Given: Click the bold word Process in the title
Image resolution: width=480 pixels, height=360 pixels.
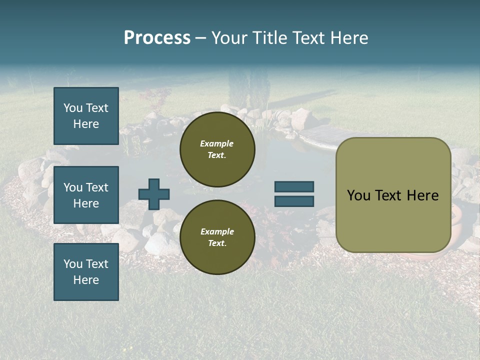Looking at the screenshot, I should [157, 38].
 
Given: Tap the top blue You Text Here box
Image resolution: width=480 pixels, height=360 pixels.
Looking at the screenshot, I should [86, 116].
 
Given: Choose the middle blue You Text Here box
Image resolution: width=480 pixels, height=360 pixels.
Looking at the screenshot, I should [86, 195].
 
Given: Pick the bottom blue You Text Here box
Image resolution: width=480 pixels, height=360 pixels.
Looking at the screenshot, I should [86, 272].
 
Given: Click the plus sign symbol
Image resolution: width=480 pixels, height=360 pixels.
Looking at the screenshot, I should [154, 194].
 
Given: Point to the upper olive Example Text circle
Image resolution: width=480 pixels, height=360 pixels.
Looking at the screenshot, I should [217, 149].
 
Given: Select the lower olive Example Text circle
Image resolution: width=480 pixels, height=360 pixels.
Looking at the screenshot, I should [217, 237].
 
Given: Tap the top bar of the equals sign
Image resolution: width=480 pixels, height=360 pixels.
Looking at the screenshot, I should [294, 187].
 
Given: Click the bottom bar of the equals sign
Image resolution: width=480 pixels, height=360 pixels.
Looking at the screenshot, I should [294, 201].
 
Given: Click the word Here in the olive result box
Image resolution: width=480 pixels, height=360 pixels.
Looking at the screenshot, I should [422, 195].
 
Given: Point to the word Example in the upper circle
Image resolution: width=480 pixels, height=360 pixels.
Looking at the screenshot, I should [217, 143].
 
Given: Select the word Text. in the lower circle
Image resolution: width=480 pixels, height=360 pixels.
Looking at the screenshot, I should [217, 243].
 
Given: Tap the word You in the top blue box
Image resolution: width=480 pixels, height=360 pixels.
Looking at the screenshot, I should [72, 108].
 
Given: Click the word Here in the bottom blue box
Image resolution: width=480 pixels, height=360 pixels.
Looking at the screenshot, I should [86, 280].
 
